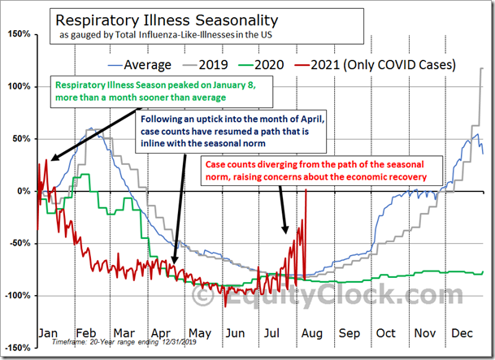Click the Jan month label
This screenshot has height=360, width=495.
pos(49,333)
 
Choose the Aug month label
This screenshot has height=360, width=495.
pos(310,333)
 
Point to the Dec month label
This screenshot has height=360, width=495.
pos(463,333)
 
